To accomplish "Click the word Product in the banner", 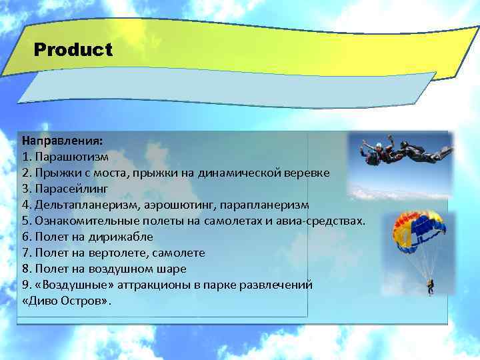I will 73,50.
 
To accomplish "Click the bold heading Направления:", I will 62,141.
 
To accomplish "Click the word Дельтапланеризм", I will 83,205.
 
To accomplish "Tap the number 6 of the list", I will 25,237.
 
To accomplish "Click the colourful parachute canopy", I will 418,227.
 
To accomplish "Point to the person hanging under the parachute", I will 431,287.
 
